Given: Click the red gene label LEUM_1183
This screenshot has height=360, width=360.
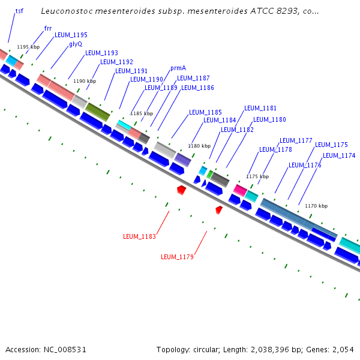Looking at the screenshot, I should [139, 236].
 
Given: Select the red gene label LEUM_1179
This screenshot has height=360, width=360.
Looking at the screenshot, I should [177, 257].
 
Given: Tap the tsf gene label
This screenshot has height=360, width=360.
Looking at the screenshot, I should [19, 11].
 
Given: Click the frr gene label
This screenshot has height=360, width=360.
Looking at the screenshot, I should [48, 28].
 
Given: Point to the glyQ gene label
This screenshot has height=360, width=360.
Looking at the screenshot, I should [76, 44].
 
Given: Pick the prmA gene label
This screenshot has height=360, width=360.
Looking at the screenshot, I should [178, 68].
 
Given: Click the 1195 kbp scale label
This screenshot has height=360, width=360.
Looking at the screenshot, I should [28, 47].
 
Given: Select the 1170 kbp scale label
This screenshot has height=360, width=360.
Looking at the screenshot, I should [316, 206].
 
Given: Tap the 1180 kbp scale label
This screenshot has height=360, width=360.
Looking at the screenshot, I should [199, 146].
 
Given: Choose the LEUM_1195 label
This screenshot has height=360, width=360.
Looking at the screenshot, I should [71, 35].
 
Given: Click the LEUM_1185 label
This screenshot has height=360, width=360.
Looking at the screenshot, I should [205, 112].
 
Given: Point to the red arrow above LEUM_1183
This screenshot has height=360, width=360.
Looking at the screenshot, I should [181, 190].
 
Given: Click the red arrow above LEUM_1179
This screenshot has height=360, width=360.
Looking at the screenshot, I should [219, 209].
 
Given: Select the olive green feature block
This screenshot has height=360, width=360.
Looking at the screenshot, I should [97, 111].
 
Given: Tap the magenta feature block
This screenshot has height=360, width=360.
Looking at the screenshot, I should [240, 190].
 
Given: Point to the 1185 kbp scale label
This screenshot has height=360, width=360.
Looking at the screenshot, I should [142, 113].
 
